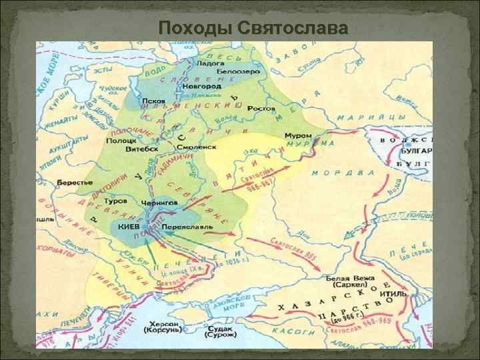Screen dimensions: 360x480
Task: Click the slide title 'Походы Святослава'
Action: [253, 28]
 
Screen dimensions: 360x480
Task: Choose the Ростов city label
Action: [261, 107]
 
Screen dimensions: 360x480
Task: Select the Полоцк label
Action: [121, 141]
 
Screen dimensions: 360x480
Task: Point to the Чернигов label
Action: [159, 201]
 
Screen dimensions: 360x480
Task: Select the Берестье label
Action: [71, 182]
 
